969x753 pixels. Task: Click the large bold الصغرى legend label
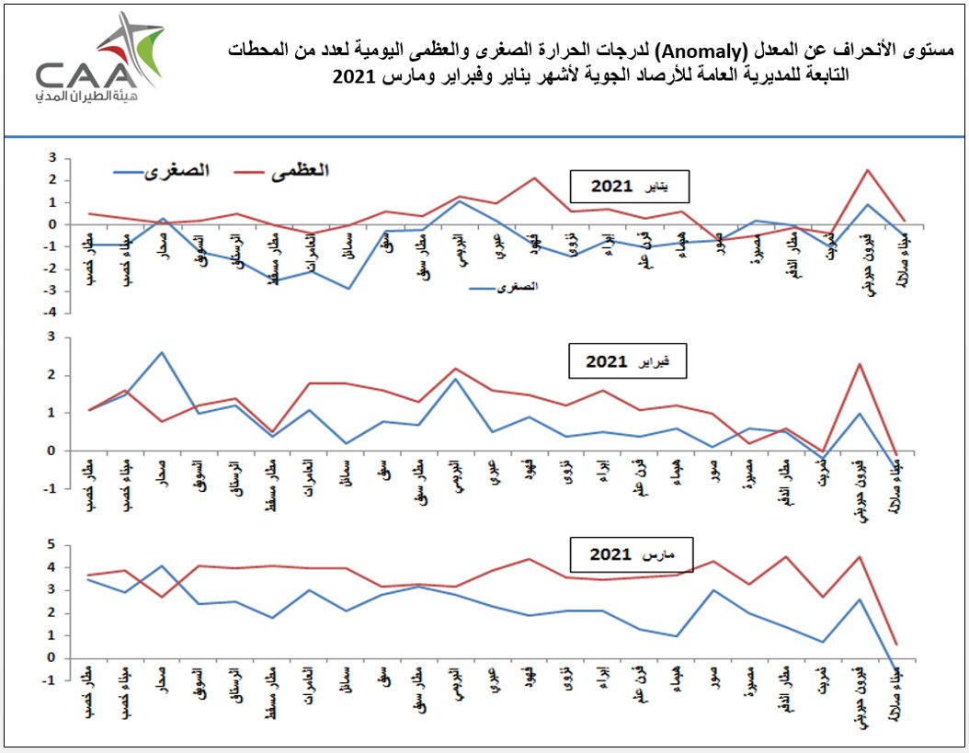[179, 170]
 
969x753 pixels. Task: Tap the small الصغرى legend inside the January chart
[516, 288]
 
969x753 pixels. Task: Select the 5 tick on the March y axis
[53, 545]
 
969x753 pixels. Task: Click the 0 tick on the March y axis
[53, 657]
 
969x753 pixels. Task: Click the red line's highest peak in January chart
[866, 169]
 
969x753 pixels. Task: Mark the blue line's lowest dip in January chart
[348, 289]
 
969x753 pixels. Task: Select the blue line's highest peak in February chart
[162, 352]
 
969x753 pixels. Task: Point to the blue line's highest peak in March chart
[162, 565]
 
